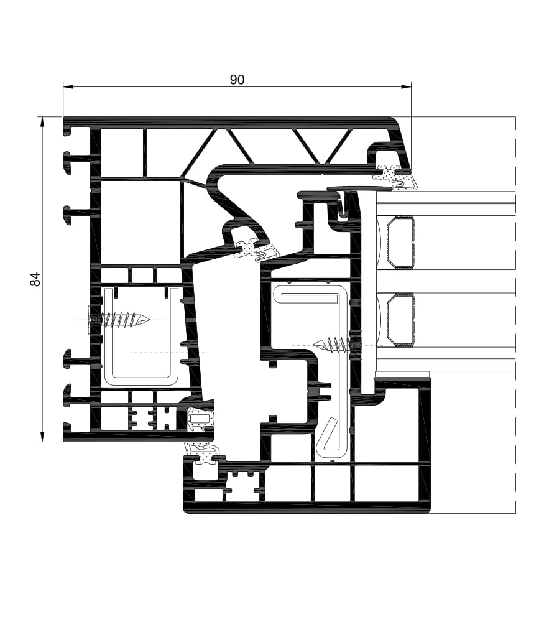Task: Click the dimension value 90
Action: pyautogui.click(x=237, y=80)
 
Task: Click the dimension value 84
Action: pyautogui.click(x=35, y=279)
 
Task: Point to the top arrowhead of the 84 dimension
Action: pyautogui.click(x=42, y=122)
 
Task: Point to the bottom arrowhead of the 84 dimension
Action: pyautogui.click(x=42, y=437)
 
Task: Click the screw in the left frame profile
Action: pyautogui.click(x=118, y=319)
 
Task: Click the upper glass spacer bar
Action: pyautogui.click(x=400, y=243)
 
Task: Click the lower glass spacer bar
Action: pyautogui.click(x=400, y=320)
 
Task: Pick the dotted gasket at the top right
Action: pyautogui.click(x=395, y=177)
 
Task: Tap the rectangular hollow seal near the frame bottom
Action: pyautogui.click(x=200, y=418)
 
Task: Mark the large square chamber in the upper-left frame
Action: pyautogui.click(x=141, y=222)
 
